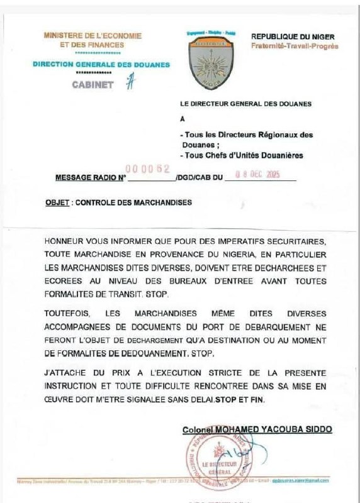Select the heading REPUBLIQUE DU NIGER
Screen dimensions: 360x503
tap(293, 37)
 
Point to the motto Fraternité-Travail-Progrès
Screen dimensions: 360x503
tap(294, 47)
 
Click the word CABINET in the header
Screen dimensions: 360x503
tap(93, 85)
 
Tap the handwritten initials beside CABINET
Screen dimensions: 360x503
tap(130, 82)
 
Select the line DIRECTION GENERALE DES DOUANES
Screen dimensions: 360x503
tap(101, 65)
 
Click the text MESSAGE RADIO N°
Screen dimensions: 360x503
tap(91, 178)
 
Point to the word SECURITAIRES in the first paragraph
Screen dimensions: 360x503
tap(291, 241)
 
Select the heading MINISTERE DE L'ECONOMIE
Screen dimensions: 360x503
tap(93, 36)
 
